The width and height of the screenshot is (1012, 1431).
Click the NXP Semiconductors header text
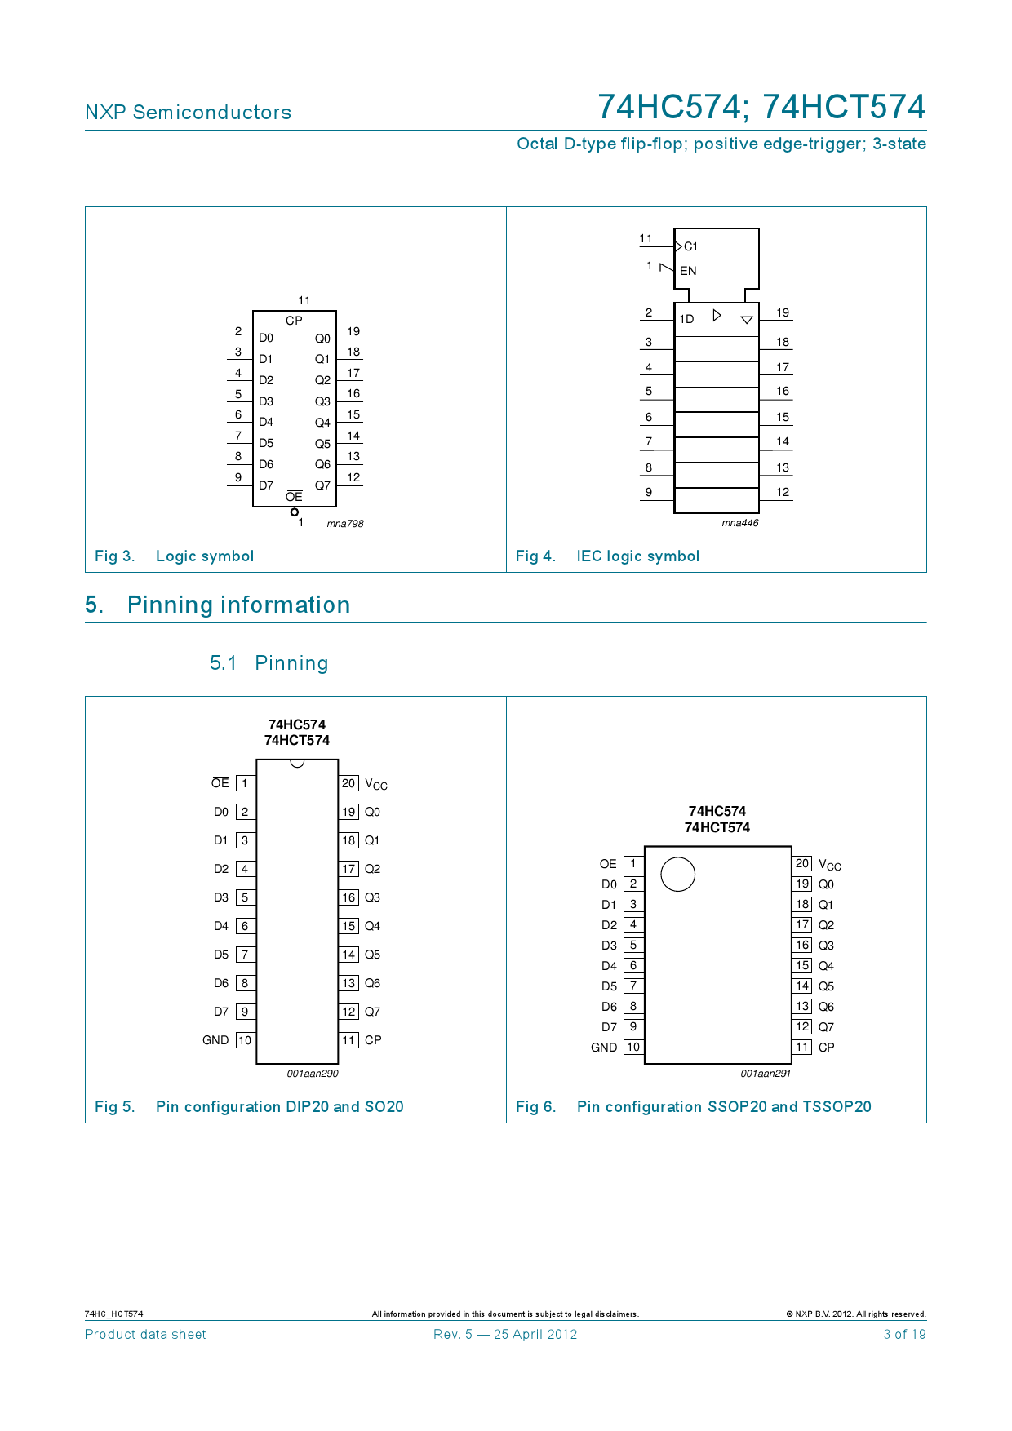click(188, 113)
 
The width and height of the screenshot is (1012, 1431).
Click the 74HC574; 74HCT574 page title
click(761, 107)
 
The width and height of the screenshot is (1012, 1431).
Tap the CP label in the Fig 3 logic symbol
click(294, 321)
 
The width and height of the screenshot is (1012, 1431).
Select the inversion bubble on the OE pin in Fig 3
click(295, 512)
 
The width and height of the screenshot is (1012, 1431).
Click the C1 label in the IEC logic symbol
click(690, 246)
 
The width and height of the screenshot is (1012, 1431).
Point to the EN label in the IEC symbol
click(688, 271)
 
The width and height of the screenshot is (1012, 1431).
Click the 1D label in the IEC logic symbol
click(686, 319)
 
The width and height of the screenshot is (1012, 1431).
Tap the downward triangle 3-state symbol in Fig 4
click(747, 320)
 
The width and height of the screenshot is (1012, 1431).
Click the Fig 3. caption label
click(114, 556)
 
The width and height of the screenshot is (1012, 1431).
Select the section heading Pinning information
click(238, 605)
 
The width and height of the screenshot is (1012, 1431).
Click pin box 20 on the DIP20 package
click(348, 783)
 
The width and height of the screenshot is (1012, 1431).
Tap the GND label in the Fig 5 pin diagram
click(215, 1040)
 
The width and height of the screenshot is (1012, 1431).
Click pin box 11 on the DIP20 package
click(348, 1040)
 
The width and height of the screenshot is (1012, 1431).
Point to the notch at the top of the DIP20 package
click(297, 764)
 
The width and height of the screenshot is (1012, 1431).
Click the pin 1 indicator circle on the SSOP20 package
click(677, 875)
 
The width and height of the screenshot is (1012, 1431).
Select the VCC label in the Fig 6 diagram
click(829, 865)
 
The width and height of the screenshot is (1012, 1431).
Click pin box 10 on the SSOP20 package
click(633, 1048)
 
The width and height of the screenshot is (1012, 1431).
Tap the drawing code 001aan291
click(766, 1074)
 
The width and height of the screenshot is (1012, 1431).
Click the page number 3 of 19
click(904, 1335)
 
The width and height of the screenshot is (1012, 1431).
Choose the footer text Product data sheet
click(145, 1335)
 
